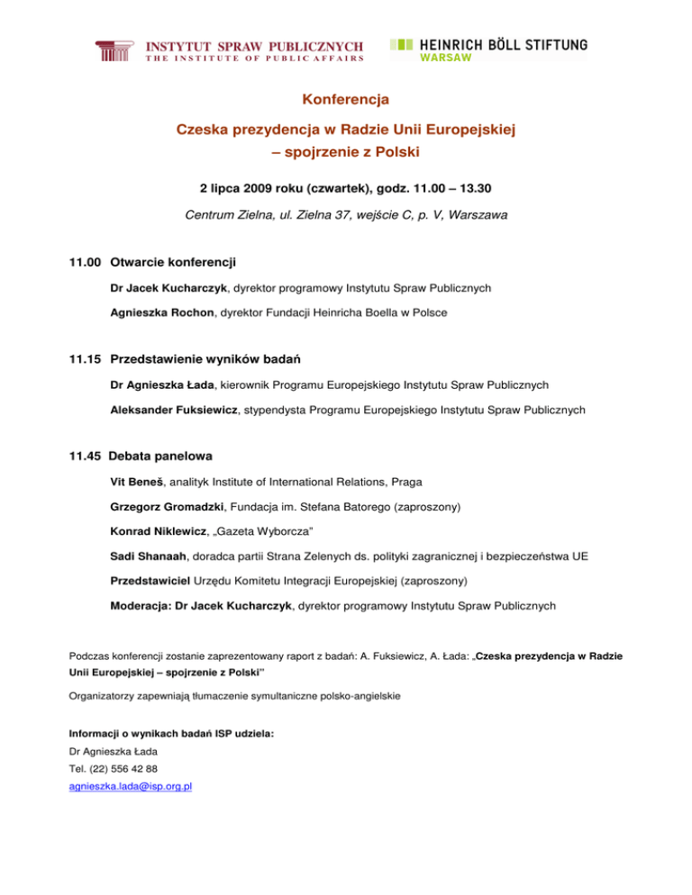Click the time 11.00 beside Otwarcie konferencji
point(86,263)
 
